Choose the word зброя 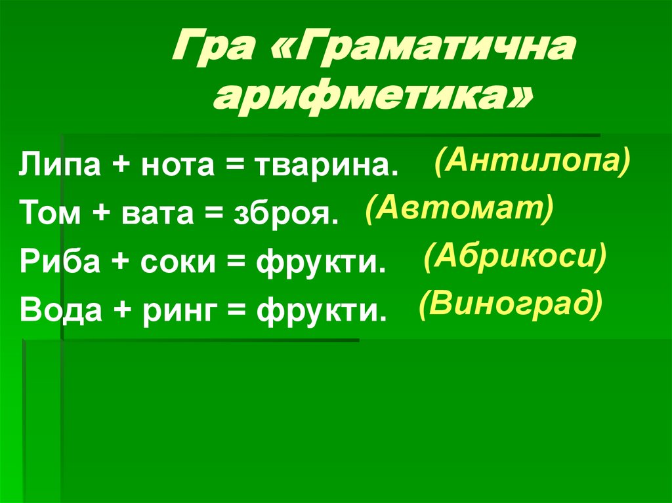[287, 213]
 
